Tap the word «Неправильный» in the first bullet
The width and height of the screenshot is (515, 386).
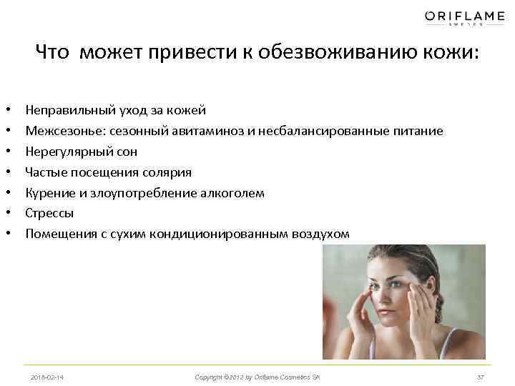tap(66, 111)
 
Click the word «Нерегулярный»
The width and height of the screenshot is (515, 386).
tap(64, 152)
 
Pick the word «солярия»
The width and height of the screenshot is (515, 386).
tap(168, 172)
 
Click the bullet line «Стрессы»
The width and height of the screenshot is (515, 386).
tap(49, 213)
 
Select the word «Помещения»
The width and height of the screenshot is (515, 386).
tap(58, 233)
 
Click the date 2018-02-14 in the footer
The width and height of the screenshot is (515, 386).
tap(48, 377)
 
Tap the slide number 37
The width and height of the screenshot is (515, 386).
tap(480, 377)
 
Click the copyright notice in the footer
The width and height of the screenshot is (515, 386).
tap(257, 377)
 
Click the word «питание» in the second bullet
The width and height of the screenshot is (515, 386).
tap(418, 132)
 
